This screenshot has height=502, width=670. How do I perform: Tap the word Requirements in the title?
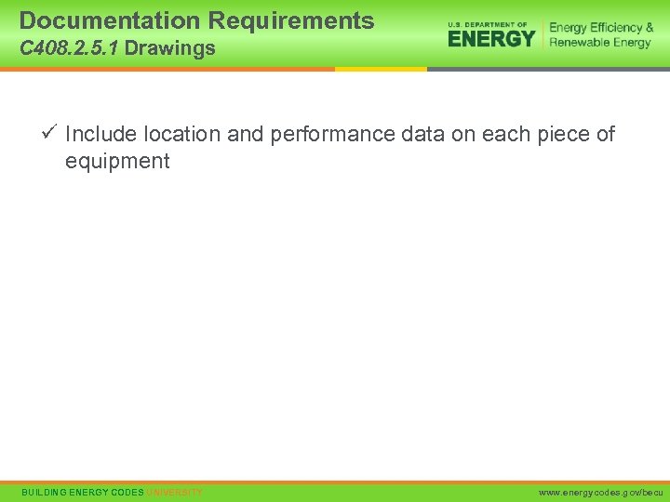tap(291, 20)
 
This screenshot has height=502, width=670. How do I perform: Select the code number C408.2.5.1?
tap(69, 48)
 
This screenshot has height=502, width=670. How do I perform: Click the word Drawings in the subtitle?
tap(169, 48)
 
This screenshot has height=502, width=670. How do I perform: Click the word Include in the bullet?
tap(100, 135)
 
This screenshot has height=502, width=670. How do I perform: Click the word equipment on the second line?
tap(117, 162)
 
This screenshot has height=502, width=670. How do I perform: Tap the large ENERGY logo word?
tap(491, 38)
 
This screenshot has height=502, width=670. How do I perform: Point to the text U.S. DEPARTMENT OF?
tap(488, 23)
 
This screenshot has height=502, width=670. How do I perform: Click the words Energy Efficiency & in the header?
tap(601, 28)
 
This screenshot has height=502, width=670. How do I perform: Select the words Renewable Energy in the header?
tap(600, 43)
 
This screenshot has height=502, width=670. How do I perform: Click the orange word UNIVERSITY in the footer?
tap(175, 492)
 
